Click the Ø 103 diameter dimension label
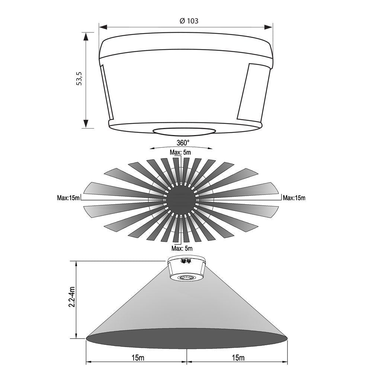189,21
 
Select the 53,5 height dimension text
79,78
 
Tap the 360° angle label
183,142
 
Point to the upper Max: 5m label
180,152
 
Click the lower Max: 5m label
182,248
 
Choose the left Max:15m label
68,198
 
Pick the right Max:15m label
294,198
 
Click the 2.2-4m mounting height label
72,297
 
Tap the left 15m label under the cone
138,357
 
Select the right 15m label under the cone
238,357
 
